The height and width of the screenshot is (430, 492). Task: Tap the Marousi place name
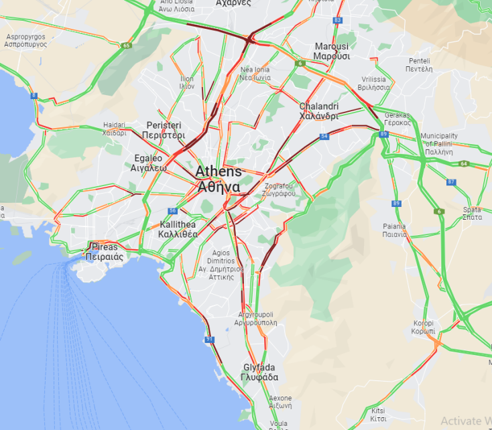(x=332, y=51)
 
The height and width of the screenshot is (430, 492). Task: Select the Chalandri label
(x=318, y=111)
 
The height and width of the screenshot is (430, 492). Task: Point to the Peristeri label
(x=164, y=130)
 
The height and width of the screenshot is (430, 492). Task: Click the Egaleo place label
(x=148, y=163)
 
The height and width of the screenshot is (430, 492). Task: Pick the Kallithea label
(x=178, y=229)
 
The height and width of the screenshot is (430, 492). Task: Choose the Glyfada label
(x=259, y=372)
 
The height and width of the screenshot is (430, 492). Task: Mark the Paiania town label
(x=395, y=230)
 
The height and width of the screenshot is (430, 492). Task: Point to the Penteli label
(x=419, y=64)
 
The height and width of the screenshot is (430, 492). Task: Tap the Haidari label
(x=115, y=129)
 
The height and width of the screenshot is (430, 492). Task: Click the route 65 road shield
(x=126, y=46)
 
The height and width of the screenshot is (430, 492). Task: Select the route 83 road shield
(x=336, y=20)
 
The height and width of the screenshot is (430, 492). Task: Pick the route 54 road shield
(x=324, y=137)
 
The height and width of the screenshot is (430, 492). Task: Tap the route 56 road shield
(x=172, y=211)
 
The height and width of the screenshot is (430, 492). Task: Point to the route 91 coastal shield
(x=210, y=340)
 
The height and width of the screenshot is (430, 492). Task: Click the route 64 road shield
(x=463, y=163)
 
